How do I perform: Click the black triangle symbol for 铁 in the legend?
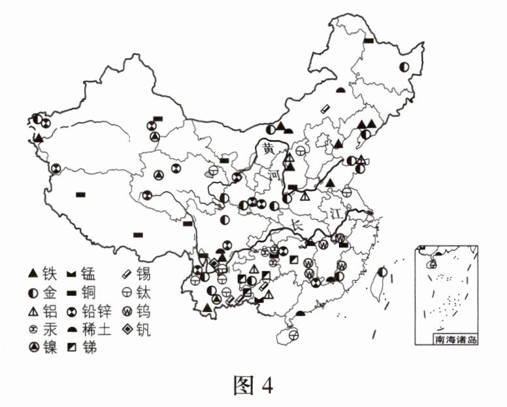pyautogui.click(x=31, y=270)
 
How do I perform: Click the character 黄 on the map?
pyautogui.click(x=269, y=149)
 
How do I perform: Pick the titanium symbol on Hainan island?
pyautogui.click(x=293, y=336)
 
